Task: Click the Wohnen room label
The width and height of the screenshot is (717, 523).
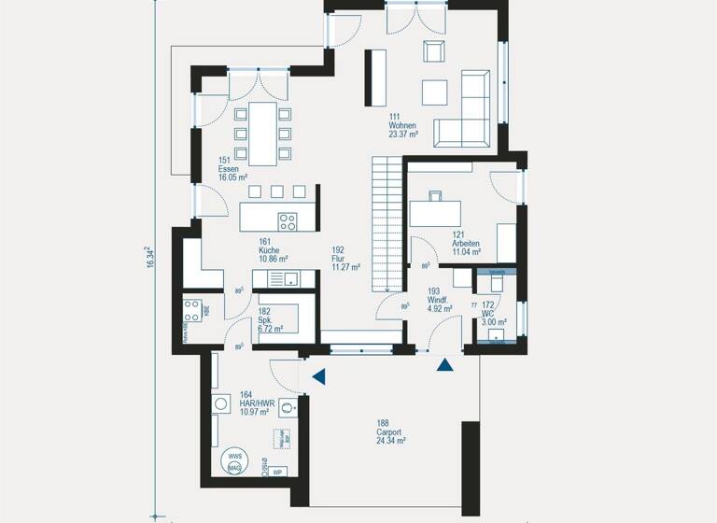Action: coord(402,124)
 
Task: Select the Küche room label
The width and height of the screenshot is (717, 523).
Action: coord(273,249)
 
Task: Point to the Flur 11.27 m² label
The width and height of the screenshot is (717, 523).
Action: coord(344,258)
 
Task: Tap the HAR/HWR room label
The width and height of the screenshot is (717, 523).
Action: coord(255,403)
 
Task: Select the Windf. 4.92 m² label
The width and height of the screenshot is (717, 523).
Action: coord(440,299)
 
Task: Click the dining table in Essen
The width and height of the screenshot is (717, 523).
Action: coord(262,131)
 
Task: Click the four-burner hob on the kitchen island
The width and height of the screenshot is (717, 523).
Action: coord(288,221)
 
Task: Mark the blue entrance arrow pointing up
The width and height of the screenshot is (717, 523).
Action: coord(445,365)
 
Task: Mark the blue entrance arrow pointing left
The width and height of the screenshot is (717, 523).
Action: coord(319,376)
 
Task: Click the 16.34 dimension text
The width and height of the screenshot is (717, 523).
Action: coord(148,259)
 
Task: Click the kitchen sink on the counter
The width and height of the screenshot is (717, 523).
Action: coord(290,277)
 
